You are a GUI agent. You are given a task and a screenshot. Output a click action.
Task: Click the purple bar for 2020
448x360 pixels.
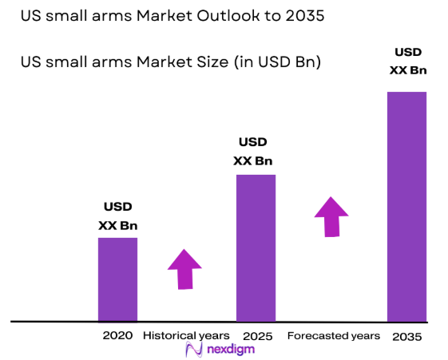click(x=117, y=279)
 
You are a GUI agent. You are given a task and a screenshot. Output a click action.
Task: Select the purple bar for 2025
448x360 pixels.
click(x=256, y=247)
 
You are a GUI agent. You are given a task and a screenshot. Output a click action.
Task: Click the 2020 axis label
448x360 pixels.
click(x=117, y=335)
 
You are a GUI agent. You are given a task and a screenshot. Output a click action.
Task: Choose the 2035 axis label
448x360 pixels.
click(x=406, y=337)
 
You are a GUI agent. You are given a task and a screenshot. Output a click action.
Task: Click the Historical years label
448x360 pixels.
click(x=186, y=335)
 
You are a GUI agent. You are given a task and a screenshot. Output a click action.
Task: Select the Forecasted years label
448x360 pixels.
click(x=333, y=335)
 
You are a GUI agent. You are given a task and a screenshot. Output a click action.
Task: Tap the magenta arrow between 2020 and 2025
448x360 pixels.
click(x=184, y=269)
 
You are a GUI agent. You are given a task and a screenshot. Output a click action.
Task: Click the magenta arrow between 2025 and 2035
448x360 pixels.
click(x=331, y=216)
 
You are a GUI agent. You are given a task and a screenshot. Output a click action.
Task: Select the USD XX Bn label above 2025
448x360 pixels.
click(x=253, y=152)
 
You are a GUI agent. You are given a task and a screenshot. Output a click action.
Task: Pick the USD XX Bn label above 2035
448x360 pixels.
click(x=406, y=61)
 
